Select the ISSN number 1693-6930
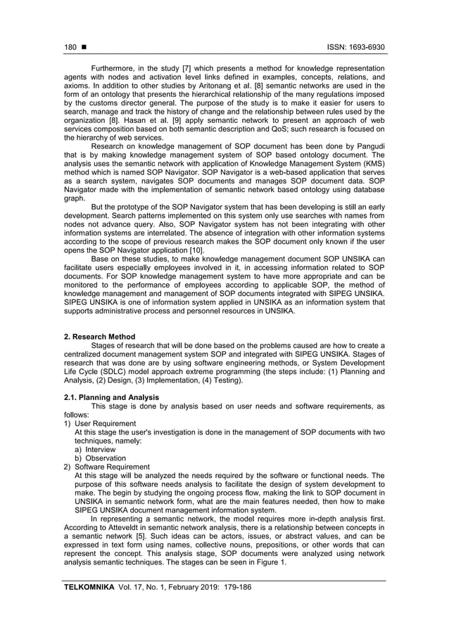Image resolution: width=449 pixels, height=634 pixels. click(x=366, y=48)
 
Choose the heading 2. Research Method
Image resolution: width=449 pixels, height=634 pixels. click(x=95, y=337)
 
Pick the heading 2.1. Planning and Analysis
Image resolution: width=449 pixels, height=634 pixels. click(x=106, y=398)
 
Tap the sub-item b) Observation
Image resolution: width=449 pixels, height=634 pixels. click(x=101, y=458)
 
